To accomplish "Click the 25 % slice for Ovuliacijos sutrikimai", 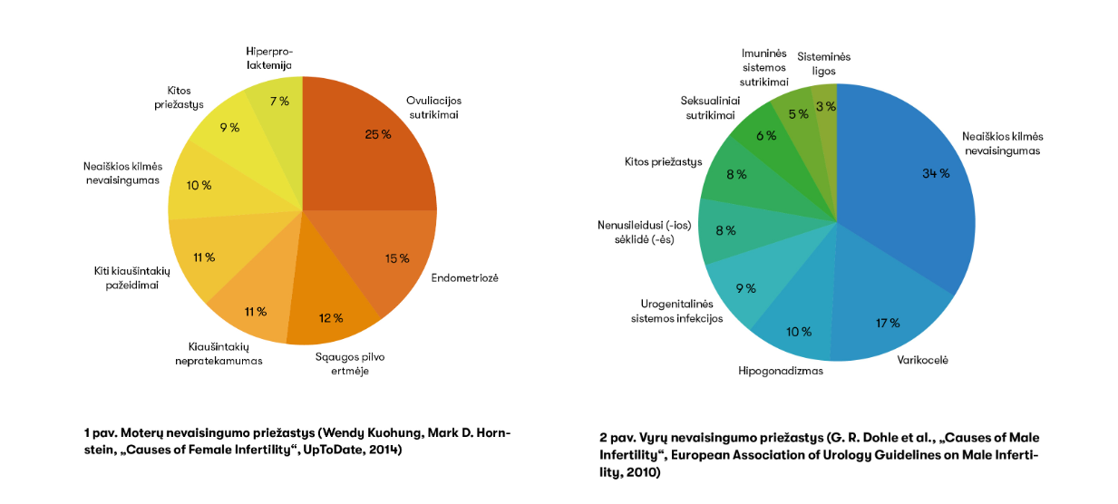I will point(363,145).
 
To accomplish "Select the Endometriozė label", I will point(464,277).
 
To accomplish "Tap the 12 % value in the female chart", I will point(331,318).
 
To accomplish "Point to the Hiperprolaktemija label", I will point(269,58).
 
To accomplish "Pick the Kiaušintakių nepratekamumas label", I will point(219,354).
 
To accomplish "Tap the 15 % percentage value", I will point(396,258).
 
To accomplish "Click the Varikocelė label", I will point(922,360).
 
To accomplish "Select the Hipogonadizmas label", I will point(781,371).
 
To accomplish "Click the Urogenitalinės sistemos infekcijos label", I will point(676,311).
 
